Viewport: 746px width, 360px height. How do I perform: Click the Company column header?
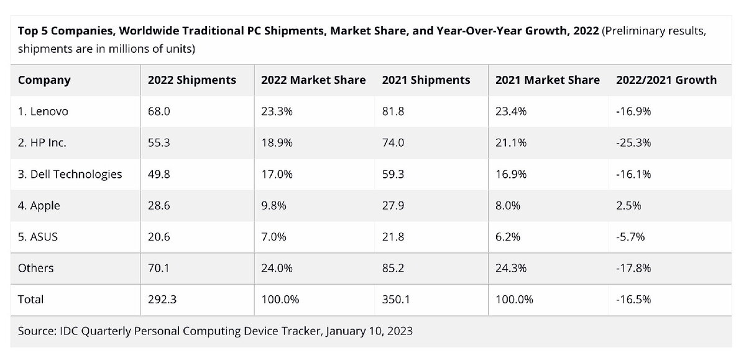coord(44,80)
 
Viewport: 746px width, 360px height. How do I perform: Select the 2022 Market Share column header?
coord(313,80)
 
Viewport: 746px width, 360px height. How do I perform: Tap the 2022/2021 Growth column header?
coord(666,80)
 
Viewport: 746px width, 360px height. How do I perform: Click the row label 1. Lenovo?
coord(43,112)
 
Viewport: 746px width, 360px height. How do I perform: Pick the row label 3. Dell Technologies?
coord(70,174)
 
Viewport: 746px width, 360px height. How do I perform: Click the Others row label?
coord(36,268)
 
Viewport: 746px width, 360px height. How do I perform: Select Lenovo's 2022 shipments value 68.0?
coord(158,112)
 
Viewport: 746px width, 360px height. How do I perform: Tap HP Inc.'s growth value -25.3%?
coord(633,143)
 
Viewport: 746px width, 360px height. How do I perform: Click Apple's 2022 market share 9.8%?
coord(274,206)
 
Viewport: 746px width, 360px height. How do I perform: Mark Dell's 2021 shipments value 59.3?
coord(392,174)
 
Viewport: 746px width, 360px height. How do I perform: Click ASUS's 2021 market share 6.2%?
coord(509,237)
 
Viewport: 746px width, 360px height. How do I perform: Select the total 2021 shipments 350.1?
coord(395,300)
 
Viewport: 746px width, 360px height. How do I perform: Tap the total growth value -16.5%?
coord(633,300)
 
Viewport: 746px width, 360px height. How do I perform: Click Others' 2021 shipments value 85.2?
coord(392,268)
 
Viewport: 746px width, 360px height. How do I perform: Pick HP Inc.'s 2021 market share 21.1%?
coord(512,143)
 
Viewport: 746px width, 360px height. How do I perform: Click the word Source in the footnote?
coord(36,331)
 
